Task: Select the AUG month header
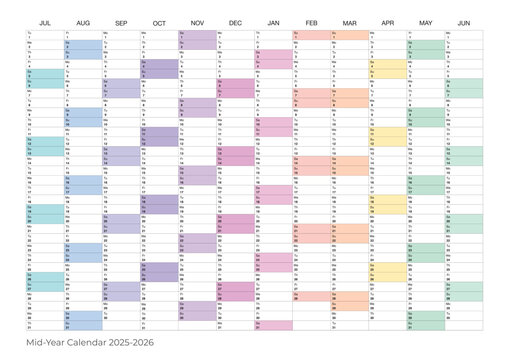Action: coord(83,21)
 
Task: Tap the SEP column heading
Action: coord(121,21)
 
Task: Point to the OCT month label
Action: coord(159,21)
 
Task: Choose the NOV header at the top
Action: coord(197,21)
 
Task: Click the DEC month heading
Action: coord(235,21)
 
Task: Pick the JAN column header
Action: coord(273,21)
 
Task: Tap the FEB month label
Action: coord(311,21)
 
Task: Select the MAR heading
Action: coord(349,21)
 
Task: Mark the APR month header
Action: coord(387,21)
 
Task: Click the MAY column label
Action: coord(426,21)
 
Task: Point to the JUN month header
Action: coord(464,21)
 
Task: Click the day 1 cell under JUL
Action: coord(44,35)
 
